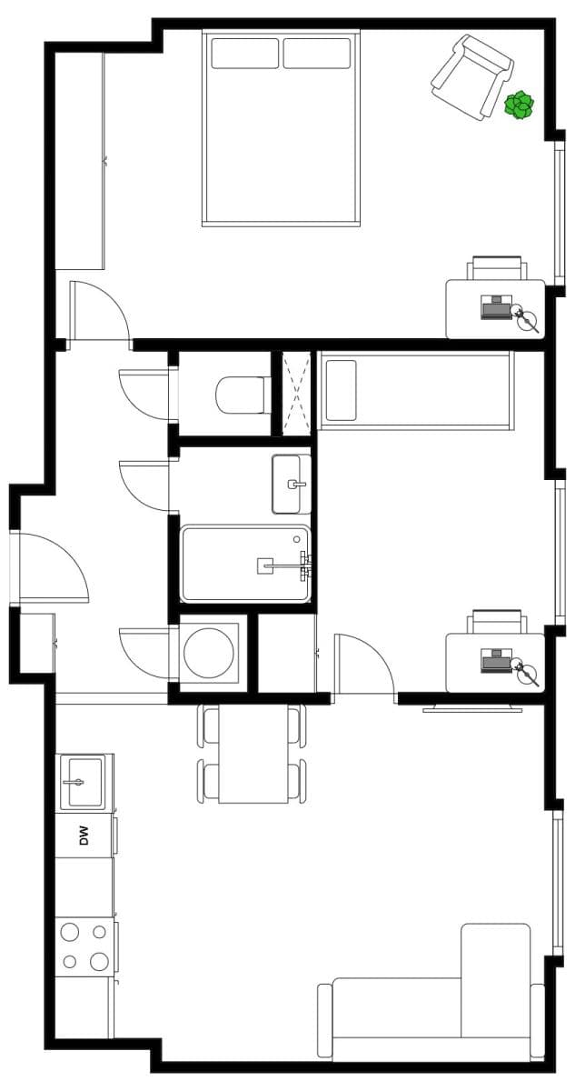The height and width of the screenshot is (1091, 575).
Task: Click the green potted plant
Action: click(519, 105)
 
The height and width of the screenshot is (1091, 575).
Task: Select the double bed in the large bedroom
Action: click(281, 136)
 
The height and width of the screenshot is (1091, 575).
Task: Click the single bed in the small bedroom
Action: click(415, 391)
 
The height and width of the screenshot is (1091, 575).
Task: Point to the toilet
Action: click(238, 396)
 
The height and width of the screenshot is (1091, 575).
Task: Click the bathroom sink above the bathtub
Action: click(291, 484)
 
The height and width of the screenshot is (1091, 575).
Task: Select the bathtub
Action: click(245, 564)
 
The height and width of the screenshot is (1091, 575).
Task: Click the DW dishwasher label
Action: click(84, 835)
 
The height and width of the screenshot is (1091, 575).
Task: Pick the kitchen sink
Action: click(82, 781)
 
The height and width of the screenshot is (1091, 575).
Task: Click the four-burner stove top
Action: click(84, 946)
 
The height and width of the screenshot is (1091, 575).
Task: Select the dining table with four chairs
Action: click(253, 754)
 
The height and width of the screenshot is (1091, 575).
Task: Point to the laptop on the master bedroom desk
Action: click(497, 307)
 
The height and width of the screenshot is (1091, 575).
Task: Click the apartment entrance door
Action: click(53, 568)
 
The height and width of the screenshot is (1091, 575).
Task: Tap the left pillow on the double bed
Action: click(244, 53)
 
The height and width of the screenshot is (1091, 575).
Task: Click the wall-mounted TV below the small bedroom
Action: click(471, 706)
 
